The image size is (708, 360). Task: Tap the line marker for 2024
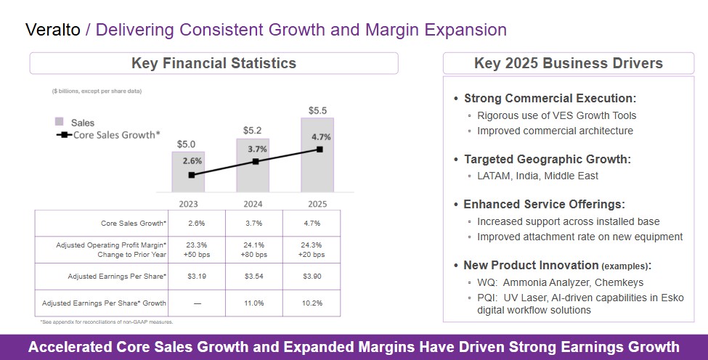pos(255,161)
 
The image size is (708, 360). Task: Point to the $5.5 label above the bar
pos(317,110)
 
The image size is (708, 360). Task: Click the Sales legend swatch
pos(59,122)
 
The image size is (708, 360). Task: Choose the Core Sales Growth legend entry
pos(109,135)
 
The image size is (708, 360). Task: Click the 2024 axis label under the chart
pos(253,204)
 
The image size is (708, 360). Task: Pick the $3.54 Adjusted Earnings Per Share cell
pos(253,277)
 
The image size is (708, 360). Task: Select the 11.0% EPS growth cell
pos(253,303)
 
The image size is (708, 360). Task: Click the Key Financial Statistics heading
pos(213,63)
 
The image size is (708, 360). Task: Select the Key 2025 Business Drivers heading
pos(568,63)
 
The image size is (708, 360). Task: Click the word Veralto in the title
pos(53,30)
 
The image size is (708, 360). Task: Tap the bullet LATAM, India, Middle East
pos(537,176)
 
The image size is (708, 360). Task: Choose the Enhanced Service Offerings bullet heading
pos(544,205)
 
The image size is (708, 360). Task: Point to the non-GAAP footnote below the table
pos(106,322)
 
